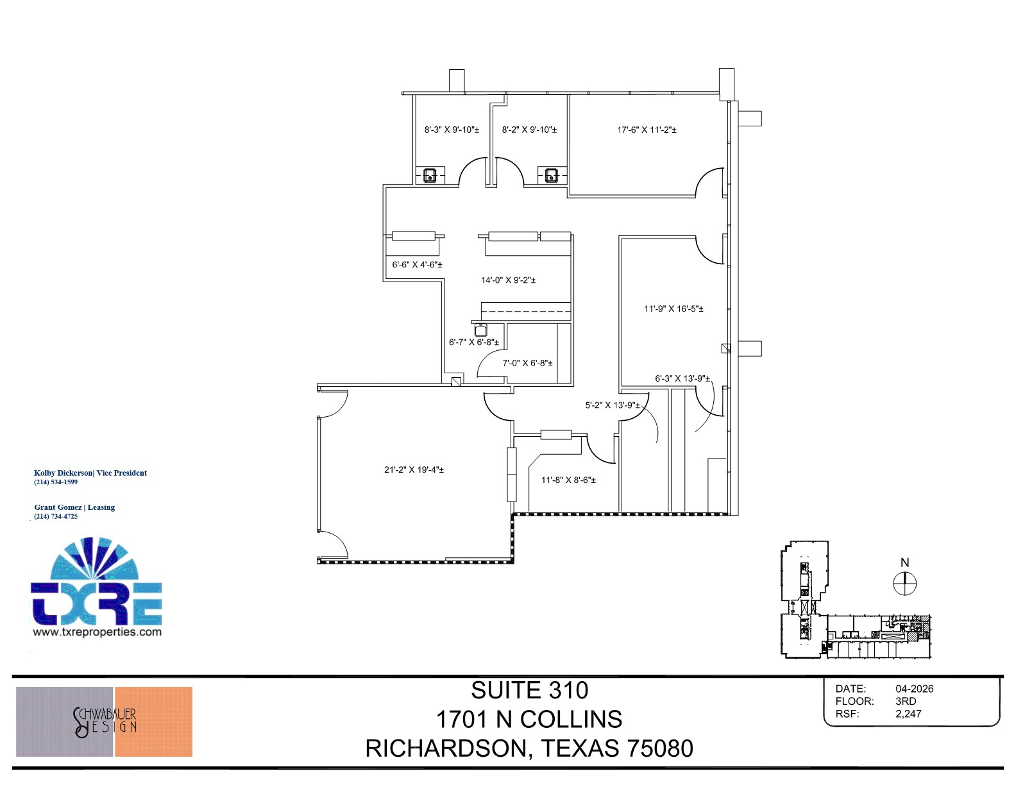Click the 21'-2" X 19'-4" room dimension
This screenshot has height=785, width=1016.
tap(414, 469)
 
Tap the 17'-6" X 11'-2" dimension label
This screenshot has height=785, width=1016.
tap(647, 130)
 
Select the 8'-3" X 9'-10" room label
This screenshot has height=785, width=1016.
tap(452, 130)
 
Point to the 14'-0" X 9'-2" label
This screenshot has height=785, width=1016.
tap(508, 280)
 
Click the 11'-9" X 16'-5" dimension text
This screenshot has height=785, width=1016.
tap(673, 308)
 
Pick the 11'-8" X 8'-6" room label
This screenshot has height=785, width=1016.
tap(568, 480)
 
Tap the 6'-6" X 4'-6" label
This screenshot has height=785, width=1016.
tap(417, 264)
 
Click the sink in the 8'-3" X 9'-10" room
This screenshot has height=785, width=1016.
tap(430, 174)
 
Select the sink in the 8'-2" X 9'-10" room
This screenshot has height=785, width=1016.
tap(551, 174)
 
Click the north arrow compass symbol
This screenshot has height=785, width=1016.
tap(904, 584)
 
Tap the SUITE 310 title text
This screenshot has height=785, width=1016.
tap(529, 691)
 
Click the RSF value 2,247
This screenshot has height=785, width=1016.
tap(908, 714)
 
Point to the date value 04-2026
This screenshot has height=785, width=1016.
tap(914, 689)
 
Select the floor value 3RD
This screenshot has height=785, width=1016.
tap(906, 701)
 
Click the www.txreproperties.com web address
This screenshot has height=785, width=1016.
tap(97, 632)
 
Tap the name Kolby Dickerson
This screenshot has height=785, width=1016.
tap(63, 473)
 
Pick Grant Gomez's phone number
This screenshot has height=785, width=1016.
tap(56, 516)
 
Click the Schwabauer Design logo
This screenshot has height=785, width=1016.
tap(104, 722)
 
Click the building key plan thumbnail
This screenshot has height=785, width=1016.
tap(854, 600)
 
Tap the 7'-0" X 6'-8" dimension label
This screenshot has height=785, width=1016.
tap(527, 363)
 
